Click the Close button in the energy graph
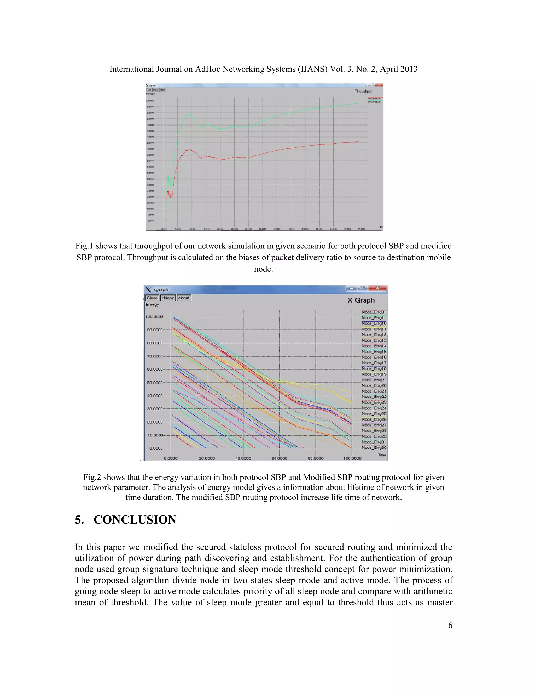click(152, 298)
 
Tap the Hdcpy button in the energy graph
click(168, 298)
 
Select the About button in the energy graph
click(184, 298)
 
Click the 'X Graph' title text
click(361, 300)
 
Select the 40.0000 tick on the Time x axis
click(243, 458)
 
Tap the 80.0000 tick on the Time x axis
click(316, 458)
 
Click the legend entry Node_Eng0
click(373, 312)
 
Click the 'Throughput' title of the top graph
click(363, 91)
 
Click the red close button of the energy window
click(377, 288)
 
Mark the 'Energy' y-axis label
click(152, 305)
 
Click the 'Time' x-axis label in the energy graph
click(382, 455)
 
